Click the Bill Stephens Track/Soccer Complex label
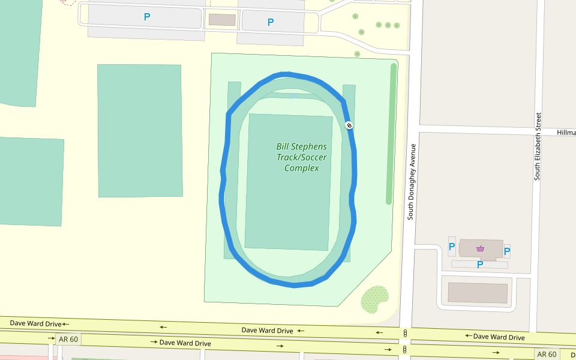coord(301,157)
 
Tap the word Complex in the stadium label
coord(301,168)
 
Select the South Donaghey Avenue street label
coord(412,181)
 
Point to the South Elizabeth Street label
coord(538,146)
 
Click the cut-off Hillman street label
coord(566,133)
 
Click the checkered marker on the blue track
coord(349,125)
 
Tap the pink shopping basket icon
coord(480,248)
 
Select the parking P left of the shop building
coord(452,246)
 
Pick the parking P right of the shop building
coord(507,251)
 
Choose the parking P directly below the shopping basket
coord(479,264)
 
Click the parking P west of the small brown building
coord(147,17)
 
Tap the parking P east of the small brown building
coord(271,22)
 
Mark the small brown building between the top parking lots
coord(222,20)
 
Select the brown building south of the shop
coord(478,293)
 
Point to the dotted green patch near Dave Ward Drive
coord(374,298)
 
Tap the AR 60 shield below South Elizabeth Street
coord(547,354)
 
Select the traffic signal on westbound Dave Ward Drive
coord(406,333)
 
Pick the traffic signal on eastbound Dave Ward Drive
coord(405,349)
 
